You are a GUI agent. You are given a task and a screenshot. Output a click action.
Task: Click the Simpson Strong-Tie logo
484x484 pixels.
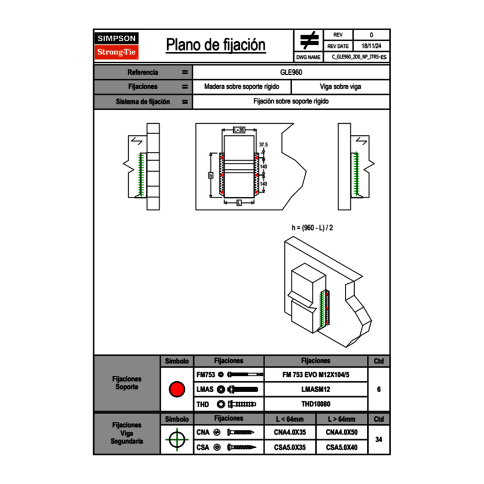pos(117,46)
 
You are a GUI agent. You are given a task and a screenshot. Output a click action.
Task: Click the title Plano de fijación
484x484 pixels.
pos(216,45)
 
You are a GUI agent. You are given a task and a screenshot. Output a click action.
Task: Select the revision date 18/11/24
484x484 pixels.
pos(371,46)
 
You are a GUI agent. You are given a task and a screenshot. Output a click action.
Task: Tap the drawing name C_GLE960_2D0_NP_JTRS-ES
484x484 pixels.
pos(359,57)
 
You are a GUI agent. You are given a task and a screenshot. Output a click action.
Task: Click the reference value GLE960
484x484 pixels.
pos(291,72)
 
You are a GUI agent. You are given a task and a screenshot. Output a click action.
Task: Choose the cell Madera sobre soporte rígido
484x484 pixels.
pos(241,87)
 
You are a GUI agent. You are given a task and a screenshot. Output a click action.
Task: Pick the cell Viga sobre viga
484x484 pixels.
pos(340,87)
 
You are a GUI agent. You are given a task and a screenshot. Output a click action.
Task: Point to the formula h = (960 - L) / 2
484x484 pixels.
pos(312,227)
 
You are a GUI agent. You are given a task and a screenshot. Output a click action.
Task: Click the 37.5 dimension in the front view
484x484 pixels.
pos(263,145)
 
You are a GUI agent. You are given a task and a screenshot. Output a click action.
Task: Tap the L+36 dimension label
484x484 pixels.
pos(238,130)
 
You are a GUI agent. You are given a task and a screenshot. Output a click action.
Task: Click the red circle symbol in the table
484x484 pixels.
pos(177,389)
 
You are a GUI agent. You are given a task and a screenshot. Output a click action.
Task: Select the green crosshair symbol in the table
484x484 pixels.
pos(177,439)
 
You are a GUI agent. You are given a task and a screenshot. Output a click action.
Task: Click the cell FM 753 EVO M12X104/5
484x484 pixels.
pos(316,375)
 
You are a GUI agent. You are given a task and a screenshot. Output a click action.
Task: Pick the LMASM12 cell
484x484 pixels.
pos(316,389)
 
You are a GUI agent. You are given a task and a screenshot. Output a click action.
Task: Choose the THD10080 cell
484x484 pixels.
pos(316,404)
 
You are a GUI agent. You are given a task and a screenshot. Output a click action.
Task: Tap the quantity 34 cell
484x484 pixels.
pos(378,439)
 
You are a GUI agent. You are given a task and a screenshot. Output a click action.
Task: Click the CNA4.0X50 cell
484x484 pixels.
pos(342,432)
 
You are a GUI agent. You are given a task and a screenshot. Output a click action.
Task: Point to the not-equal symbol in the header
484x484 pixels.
pos(309,41)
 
